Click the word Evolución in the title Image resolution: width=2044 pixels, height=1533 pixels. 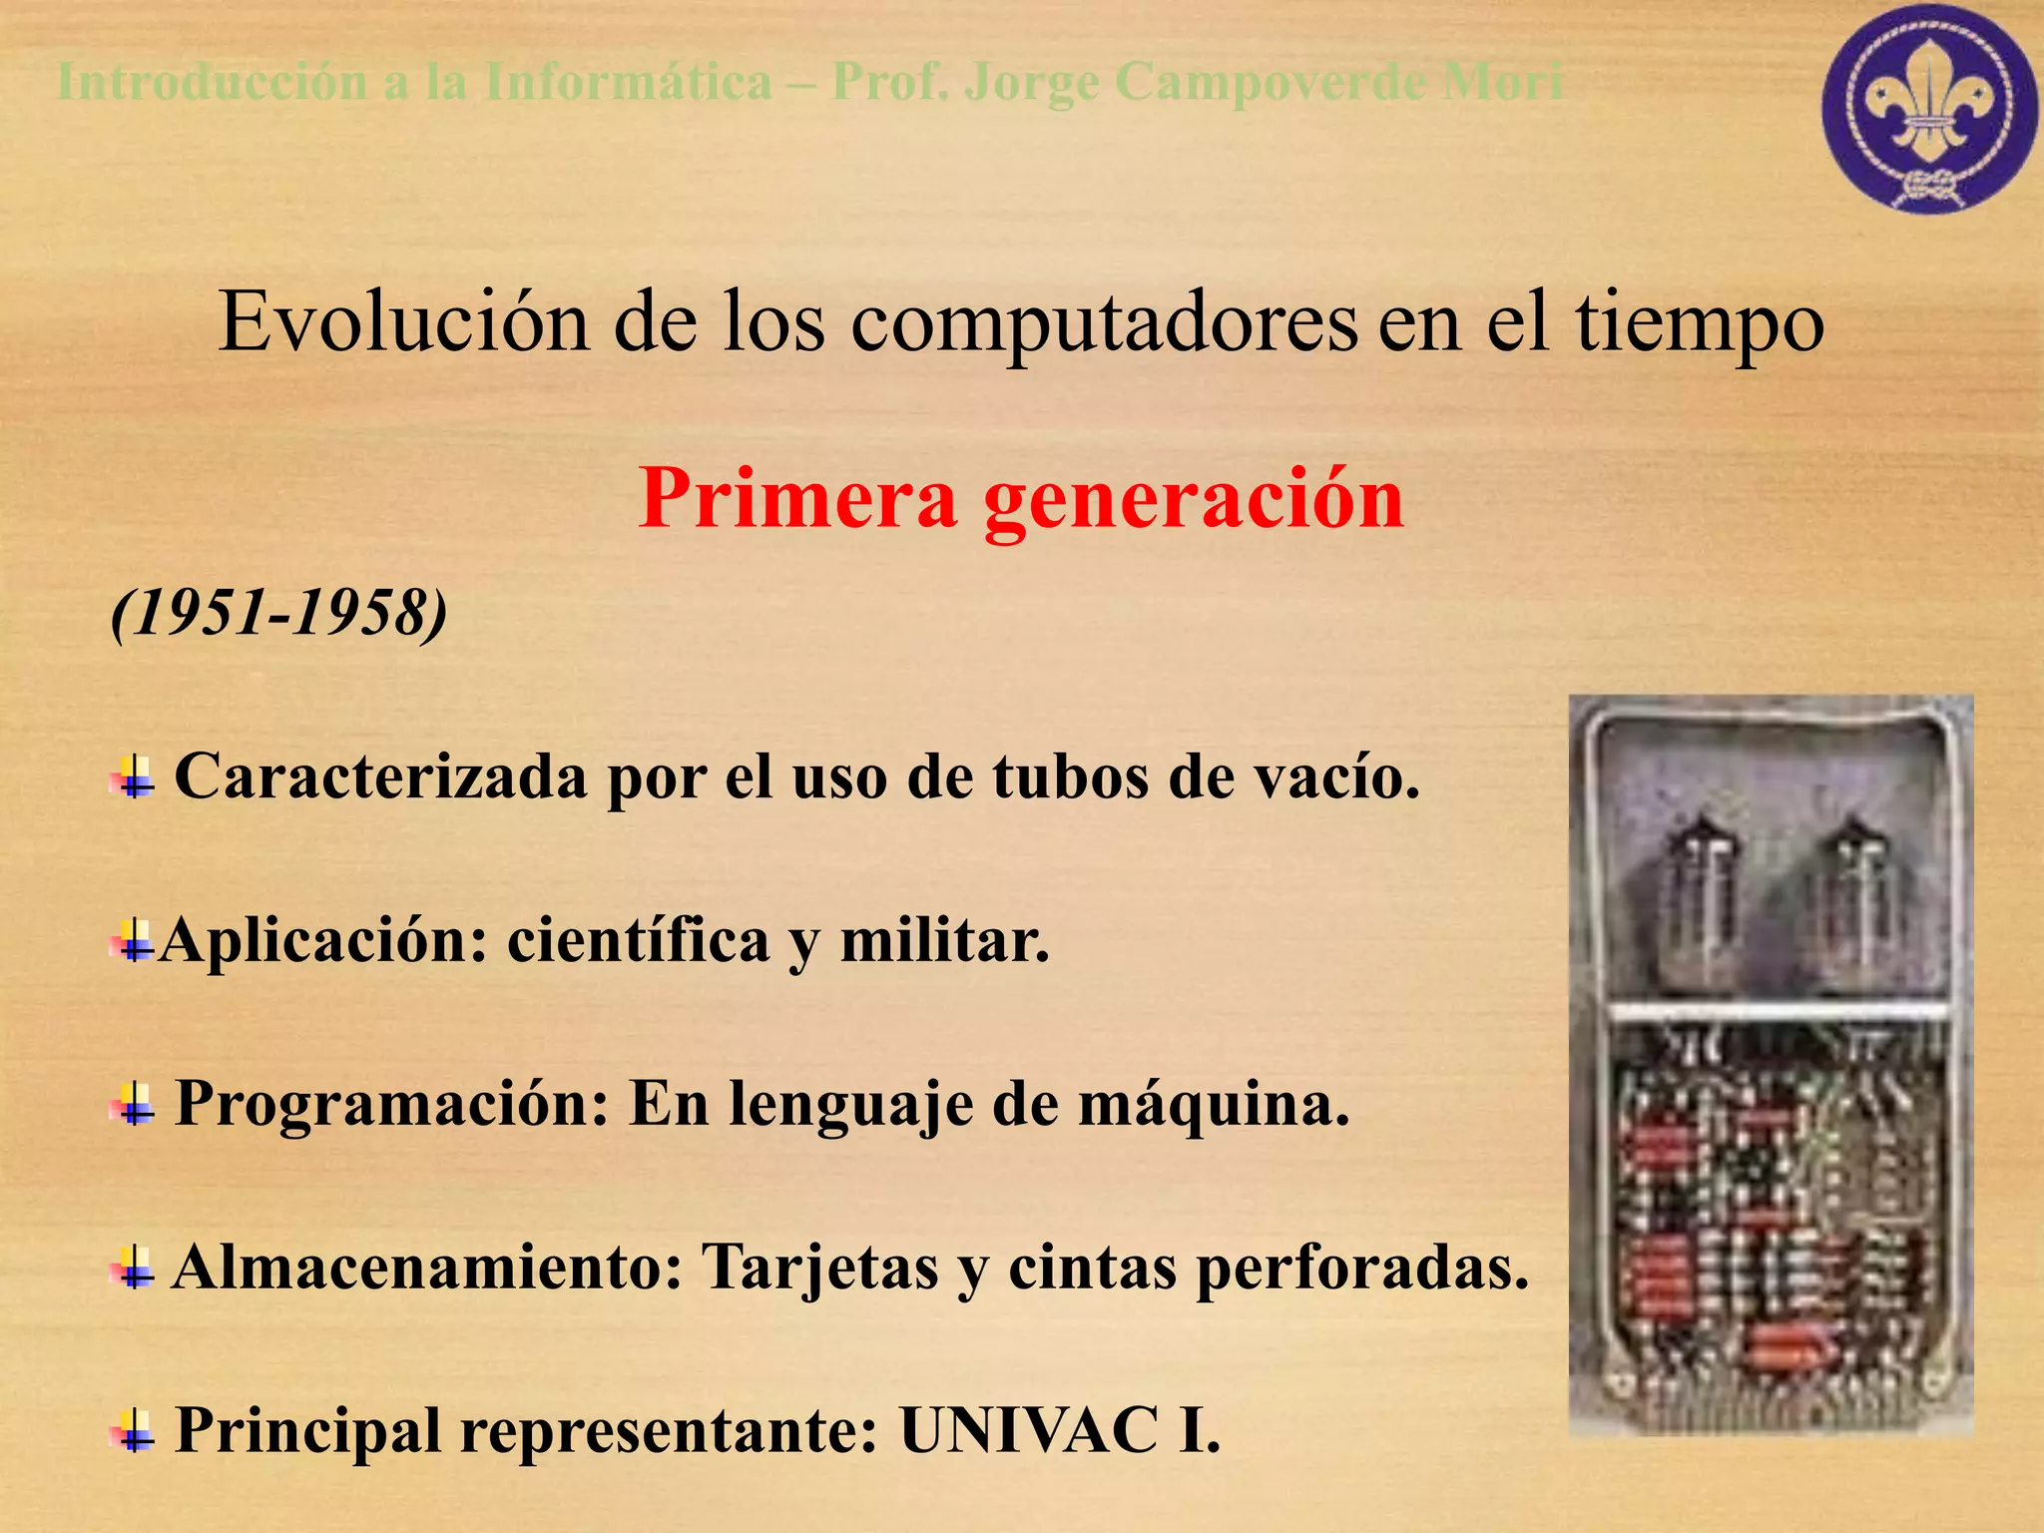click(403, 323)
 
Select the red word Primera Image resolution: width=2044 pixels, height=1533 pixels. click(797, 498)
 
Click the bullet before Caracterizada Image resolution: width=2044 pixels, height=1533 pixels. click(134, 777)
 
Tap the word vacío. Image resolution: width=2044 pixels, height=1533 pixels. click(1335, 777)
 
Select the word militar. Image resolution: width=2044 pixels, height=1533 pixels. click(944, 941)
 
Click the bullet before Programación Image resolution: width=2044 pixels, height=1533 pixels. click(134, 1105)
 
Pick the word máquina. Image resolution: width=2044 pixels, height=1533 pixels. click(1214, 1105)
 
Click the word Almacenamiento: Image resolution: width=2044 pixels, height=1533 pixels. click(426, 1268)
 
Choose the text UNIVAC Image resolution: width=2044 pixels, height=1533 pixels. click(1028, 1430)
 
